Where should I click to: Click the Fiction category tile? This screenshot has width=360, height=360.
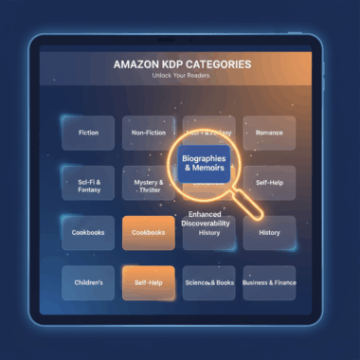[87, 134]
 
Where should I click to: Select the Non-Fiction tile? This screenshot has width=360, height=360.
[148, 134]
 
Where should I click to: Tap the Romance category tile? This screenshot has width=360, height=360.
[269, 134]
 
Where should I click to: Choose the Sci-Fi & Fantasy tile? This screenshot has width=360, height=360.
[87, 182]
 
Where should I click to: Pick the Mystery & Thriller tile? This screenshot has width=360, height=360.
[148, 182]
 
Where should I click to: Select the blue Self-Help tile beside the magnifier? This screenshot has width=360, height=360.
[269, 182]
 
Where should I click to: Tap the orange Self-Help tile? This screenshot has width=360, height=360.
[148, 282]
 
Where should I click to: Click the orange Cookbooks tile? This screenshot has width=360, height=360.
[148, 232]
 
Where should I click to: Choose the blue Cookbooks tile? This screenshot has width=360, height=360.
[87, 232]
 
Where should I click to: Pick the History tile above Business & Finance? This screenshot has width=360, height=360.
[269, 232]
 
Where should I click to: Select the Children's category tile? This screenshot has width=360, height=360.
[87, 282]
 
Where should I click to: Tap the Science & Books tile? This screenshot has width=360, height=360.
[208, 282]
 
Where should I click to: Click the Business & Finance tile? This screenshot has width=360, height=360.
[269, 282]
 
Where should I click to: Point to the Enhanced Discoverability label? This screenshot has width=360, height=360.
[210, 220]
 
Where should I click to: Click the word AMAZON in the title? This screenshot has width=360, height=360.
[138, 64]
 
